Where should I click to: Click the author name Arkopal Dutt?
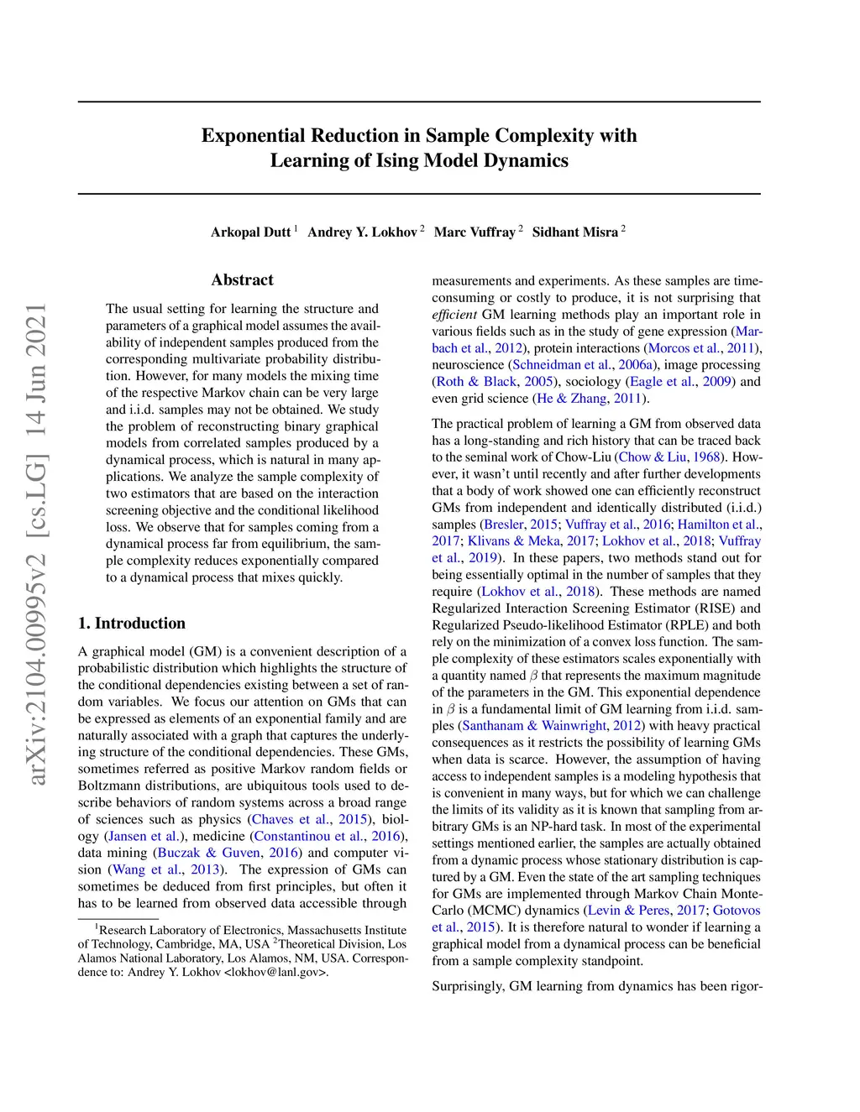point(250,232)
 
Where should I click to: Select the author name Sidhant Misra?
point(575,232)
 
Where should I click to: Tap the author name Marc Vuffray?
point(475,232)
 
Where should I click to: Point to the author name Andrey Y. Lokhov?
point(362,232)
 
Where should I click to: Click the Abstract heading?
point(242,280)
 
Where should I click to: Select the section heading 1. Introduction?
point(132,624)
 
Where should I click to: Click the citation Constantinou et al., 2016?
point(328,836)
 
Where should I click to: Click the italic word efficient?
point(454,315)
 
